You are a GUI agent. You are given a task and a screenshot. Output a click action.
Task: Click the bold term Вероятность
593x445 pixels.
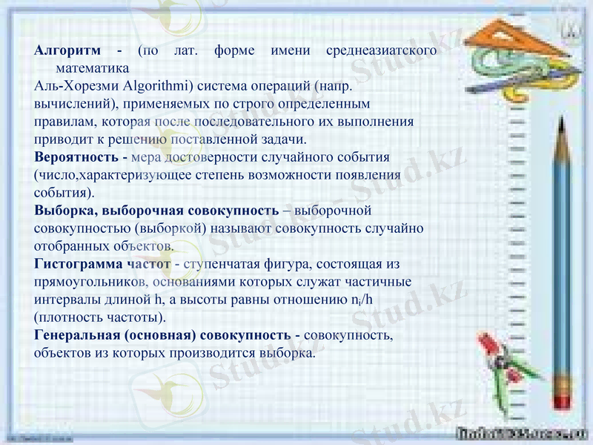(x=76, y=157)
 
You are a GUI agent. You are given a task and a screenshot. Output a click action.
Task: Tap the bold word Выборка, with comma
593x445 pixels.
(x=64, y=211)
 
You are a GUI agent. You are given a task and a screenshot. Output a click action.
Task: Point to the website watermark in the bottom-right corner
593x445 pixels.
(x=523, y=433)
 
